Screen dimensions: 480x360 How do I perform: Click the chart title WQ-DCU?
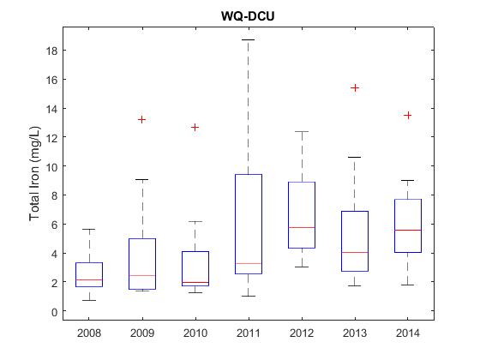coord(248,16)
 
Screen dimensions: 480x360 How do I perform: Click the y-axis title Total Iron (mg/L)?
coord(34,173)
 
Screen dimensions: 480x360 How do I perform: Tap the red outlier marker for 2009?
coord(141,119)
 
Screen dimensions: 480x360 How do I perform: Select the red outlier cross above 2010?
coord(195,128)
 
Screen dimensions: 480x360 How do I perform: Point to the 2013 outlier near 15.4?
coord(355,88)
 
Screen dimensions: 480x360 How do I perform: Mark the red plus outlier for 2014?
coord(407,116)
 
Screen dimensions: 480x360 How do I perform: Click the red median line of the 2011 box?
coord(249,263)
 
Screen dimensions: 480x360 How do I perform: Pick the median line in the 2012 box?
coord(302,227)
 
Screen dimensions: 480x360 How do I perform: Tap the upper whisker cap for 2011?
coord(249,39)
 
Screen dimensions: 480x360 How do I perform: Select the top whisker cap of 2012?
coord(302,132)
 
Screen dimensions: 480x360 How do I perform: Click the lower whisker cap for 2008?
coord(89,300)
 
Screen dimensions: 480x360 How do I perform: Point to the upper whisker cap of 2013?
coord(355,157)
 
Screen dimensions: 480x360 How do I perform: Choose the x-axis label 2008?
coord(89,333)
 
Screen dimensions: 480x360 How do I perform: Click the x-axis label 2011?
coord(249,333)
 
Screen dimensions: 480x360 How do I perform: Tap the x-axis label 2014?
coord(408,333)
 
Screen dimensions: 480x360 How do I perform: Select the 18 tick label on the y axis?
coord(51,51)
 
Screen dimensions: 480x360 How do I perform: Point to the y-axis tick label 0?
coord(55,312)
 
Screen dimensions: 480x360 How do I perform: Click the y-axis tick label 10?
coord(51,167)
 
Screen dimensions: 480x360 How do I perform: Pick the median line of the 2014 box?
coord(408,230)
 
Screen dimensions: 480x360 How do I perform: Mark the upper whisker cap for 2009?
coord(142,179)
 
